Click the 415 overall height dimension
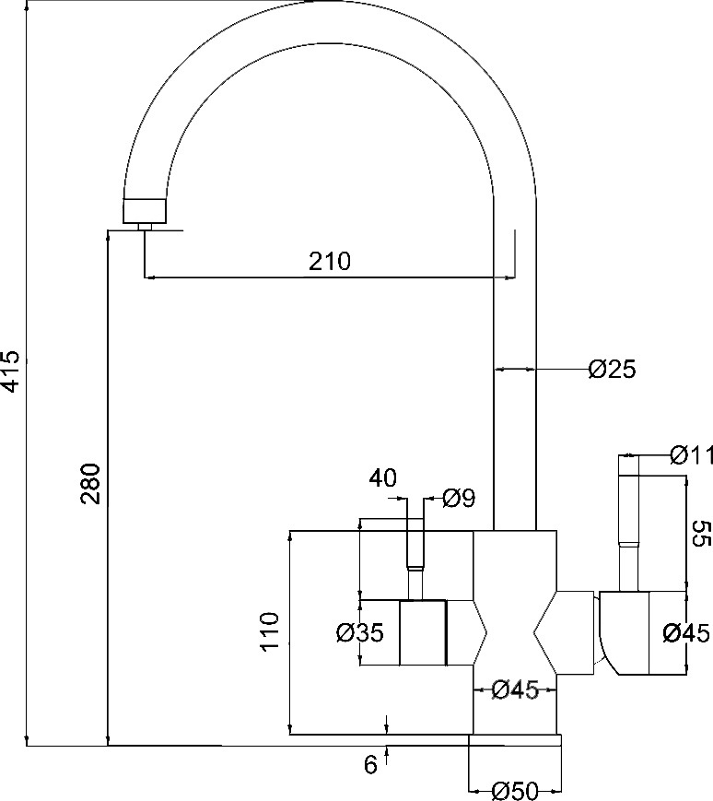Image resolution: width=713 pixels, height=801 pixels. [x=10, y=371]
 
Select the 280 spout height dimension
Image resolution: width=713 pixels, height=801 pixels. [x=91, y=484]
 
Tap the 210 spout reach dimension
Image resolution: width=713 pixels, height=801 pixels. [x=330, y=261]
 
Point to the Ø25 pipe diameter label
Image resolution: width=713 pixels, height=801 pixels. [x=612, y=369]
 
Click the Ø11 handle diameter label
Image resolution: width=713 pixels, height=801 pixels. [x=691, y=455]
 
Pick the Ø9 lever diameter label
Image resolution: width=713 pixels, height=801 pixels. [x=459, y=498]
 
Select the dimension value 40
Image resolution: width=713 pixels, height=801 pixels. [x=383, y=478]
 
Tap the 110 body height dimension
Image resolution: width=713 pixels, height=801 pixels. [x=271, y=631]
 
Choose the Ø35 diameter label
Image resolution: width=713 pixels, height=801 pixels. [x=360, y=633]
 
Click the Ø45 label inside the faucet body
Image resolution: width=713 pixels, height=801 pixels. [x=515, y=690]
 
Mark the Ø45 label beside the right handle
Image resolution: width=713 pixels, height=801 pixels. [x=686, y=633]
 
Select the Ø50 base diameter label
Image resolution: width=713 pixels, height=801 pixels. [x=515, y=791]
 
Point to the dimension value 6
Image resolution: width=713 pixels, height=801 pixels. [x=370, y=764]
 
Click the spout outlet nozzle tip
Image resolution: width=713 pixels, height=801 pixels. [x=145, y=227]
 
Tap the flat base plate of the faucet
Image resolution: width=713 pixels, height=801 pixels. [x=515, y=740]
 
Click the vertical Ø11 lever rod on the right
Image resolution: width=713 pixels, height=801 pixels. [x=628, y=524]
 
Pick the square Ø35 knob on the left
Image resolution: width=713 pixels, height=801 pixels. [x=423, y=632]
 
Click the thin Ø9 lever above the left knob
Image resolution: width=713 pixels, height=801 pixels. [x=415, y=559]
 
